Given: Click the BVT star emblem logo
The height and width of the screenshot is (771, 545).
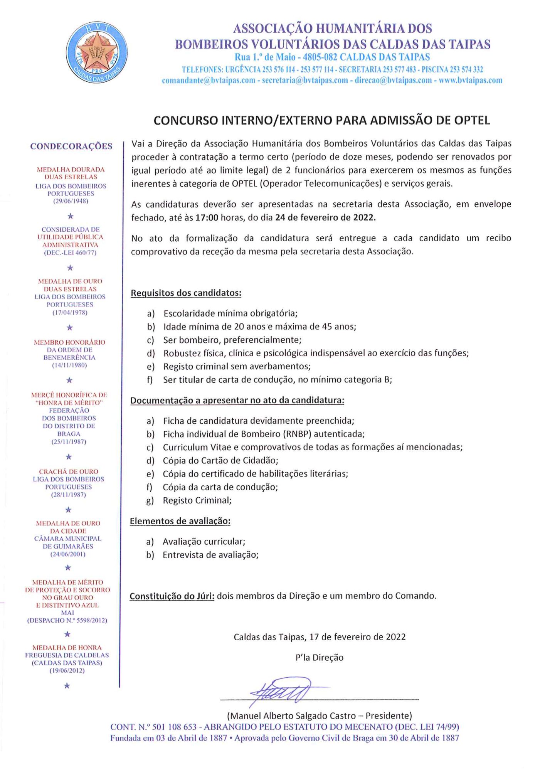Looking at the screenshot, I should [x=97, y=52].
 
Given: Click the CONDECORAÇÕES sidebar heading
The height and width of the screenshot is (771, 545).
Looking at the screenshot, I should [x=71, y=146].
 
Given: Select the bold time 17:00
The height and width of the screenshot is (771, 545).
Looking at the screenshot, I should [x=207, y=217].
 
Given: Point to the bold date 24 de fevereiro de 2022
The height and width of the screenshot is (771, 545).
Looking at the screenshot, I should [x=325, y=217].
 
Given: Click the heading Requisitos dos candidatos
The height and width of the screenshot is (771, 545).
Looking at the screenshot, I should [x=186, y=293].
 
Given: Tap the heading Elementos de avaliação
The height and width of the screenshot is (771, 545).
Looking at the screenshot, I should [x=180, y=521].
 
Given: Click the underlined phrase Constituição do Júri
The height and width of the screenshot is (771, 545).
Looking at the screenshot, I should [x=172, y=596].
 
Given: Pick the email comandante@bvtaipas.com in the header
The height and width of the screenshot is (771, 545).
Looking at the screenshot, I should [x=209, y=81].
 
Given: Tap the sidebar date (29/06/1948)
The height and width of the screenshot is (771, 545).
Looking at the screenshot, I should [x=71, y=201].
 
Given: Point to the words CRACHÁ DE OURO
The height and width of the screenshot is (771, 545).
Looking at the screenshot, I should [x=69, y=471].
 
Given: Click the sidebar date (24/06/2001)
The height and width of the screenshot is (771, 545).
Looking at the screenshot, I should [x=68, y=554].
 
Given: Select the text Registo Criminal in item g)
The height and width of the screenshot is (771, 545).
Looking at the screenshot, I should [x=197, y=500].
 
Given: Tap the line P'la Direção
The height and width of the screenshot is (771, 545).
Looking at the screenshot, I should [x=319, y=658].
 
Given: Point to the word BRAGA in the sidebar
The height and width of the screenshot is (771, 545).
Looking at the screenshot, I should [x=69, y=434].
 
